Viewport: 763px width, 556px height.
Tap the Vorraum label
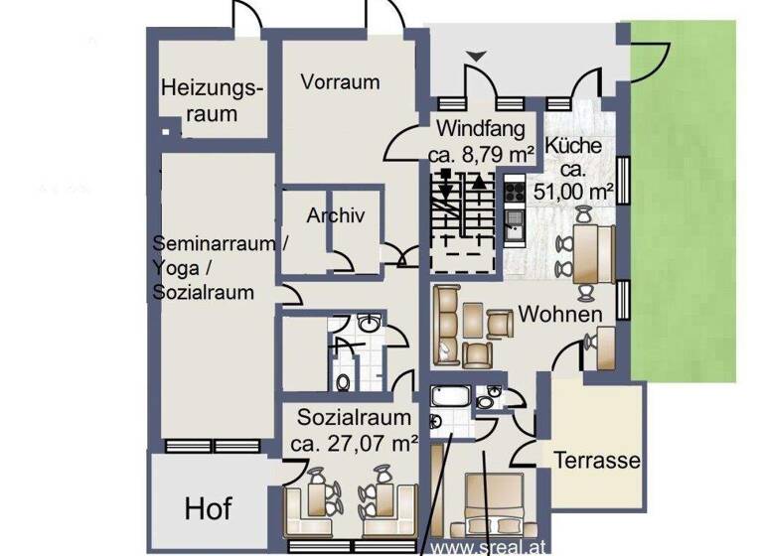340,82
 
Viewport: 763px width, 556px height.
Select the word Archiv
336,216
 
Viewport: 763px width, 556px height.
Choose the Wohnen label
560,315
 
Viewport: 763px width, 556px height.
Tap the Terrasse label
597,462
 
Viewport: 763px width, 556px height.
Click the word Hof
209,509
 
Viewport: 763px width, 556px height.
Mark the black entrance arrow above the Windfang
479,57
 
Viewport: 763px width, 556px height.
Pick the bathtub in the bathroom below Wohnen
451,398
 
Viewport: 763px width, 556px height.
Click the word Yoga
176,269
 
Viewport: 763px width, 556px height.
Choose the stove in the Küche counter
515,190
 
